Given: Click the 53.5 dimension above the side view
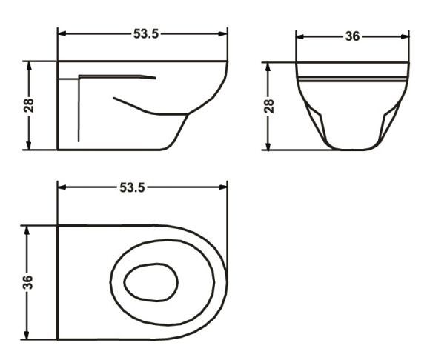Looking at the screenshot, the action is tap(146, 34).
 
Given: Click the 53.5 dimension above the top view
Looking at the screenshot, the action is tap(133, 187).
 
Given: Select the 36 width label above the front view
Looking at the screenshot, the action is tap(352, 36).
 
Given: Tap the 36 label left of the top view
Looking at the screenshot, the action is tap(27, 282).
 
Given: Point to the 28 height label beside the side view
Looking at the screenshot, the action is tap(29, 105).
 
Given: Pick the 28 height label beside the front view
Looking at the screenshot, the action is tap(269, 106).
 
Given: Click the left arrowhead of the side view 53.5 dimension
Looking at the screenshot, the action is tap(62, 34).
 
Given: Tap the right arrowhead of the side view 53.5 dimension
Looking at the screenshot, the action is tap(222, 34).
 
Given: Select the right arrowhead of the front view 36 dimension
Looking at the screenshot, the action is tap(405, 36).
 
